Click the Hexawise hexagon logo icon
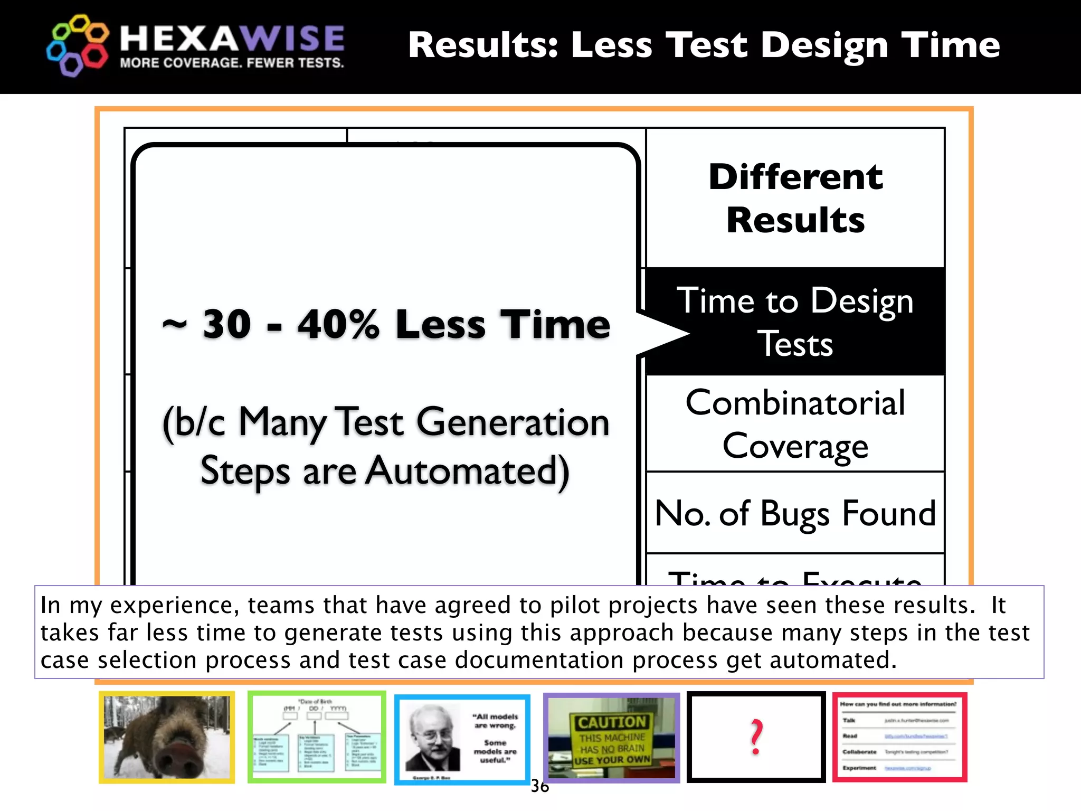click(x=77, y=45)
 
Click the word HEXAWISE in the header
click(x=232, y=38)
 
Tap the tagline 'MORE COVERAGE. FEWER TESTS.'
click(x=232, y=63)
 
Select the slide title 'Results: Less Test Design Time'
click(x=704, y=45)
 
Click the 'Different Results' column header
click(x=795, y=198)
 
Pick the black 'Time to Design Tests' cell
click(x=795, y=322)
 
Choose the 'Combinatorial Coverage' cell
click(x=795, y=424)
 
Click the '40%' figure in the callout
click(x=338, y=324)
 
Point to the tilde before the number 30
click(x=174, y=324)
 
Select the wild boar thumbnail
click(x=167, y=737)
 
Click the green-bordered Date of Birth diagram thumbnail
click(x=317, y=737)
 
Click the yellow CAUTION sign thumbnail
click(x=612, y=738)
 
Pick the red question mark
click(x=756, y=737)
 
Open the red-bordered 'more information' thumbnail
click(x=899, y=737)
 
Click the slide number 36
click(x=539, y=786)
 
